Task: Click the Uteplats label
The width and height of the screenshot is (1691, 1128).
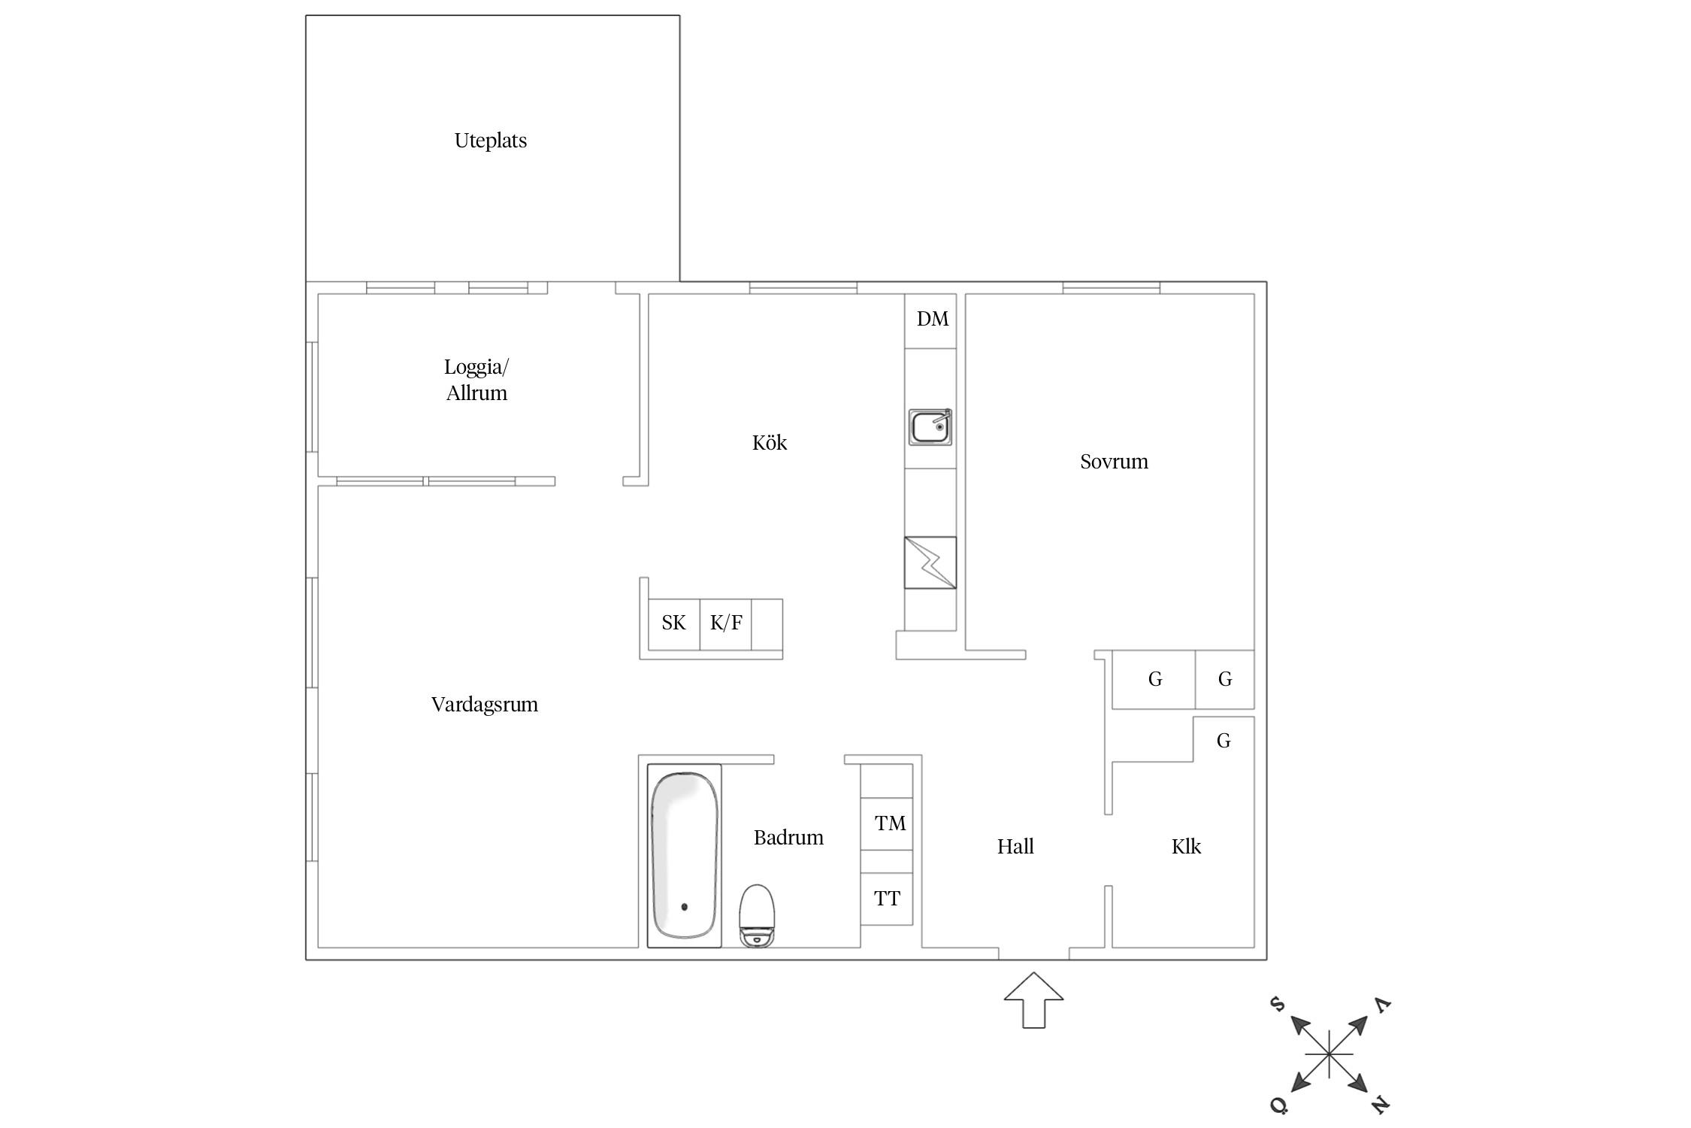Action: click(x=490, y=141)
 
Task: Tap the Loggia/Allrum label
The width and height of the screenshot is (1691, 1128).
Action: click(x=476, y=380)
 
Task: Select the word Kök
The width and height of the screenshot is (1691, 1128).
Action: click(x=769, y=442)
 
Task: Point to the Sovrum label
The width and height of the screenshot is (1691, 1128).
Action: click(x=1114, y=461)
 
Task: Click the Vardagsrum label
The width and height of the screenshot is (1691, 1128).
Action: click(x=485, y=705)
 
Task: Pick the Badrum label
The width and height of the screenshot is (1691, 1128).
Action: click(x=788, y=837)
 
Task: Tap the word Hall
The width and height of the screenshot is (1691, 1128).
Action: click(x=1015, y=846)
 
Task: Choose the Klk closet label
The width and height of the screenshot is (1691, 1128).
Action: click(x=1186, y=846)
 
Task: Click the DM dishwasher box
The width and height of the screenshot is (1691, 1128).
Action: click(x=930, y=320)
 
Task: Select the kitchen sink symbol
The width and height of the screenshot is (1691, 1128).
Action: click(x=930, y=427)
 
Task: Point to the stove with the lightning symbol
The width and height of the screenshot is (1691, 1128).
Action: click(x=930, y=562)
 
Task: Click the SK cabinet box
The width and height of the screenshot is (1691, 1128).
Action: click(x=674, y=624)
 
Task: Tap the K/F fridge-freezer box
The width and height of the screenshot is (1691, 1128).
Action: click(x=726, y=624)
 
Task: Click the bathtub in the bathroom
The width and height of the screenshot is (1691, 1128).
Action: click(x=684, y=856)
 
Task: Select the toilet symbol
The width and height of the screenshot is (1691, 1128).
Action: click(x=757, y=915)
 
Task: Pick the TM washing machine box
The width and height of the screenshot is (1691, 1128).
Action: click(x=887, y=823)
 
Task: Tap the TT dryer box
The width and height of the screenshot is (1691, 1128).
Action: click(x=887, y=899)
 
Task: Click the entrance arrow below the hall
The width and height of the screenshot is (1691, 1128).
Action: click(x=1034, y=999)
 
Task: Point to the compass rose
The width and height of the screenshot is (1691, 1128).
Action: click(x=1330, y=1054)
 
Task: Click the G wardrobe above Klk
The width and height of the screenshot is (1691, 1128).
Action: click(x=1224, y=740)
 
